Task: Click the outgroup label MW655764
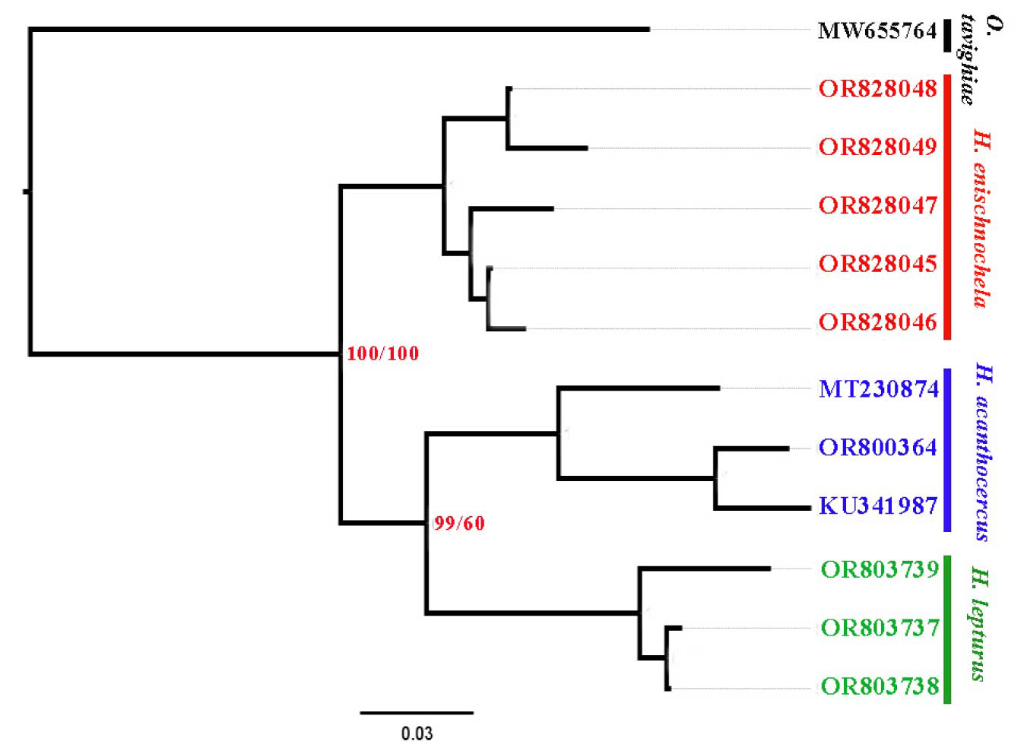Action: coord(877,31)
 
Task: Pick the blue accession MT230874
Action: coord(878,389)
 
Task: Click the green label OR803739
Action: coord(880,569)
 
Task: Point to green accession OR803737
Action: coord(880,628)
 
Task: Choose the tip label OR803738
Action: coord(880,686)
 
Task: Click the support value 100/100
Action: coord(382,354)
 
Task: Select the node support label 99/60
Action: coord(459,524)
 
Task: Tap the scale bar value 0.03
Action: coord(417,733)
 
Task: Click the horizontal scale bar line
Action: coord(417,712)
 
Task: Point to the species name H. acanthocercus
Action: coord(982,452)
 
